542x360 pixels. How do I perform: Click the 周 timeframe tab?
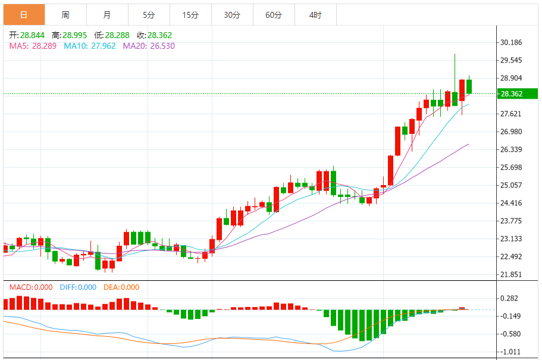click(x=65, y=15)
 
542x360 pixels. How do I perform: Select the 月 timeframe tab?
click(x=106, y=15)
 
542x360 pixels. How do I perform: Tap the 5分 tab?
click(x=149, y=15)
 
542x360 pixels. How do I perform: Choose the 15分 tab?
click(x=190, y=15)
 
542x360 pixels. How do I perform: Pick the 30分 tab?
click(x=232, y=15)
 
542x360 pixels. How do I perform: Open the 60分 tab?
click(x=274, y=15)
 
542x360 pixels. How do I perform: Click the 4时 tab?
click(x=315, y=15)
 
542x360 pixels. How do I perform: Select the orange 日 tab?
click(x=24, y=15)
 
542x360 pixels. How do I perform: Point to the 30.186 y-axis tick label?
click(x=512, y=42)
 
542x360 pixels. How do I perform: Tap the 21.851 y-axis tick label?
click(x=512, y=274)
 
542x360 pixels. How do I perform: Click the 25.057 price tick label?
click(x=512, y=185)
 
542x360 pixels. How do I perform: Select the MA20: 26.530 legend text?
click(x=149, y=46)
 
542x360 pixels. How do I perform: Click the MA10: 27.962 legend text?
click(x=90, y=46)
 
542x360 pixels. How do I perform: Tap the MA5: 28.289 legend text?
click(x=33, y=46)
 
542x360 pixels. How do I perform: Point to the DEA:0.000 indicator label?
click(x=121, y=287)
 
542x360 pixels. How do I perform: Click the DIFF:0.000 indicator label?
click(x=78, y=287)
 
